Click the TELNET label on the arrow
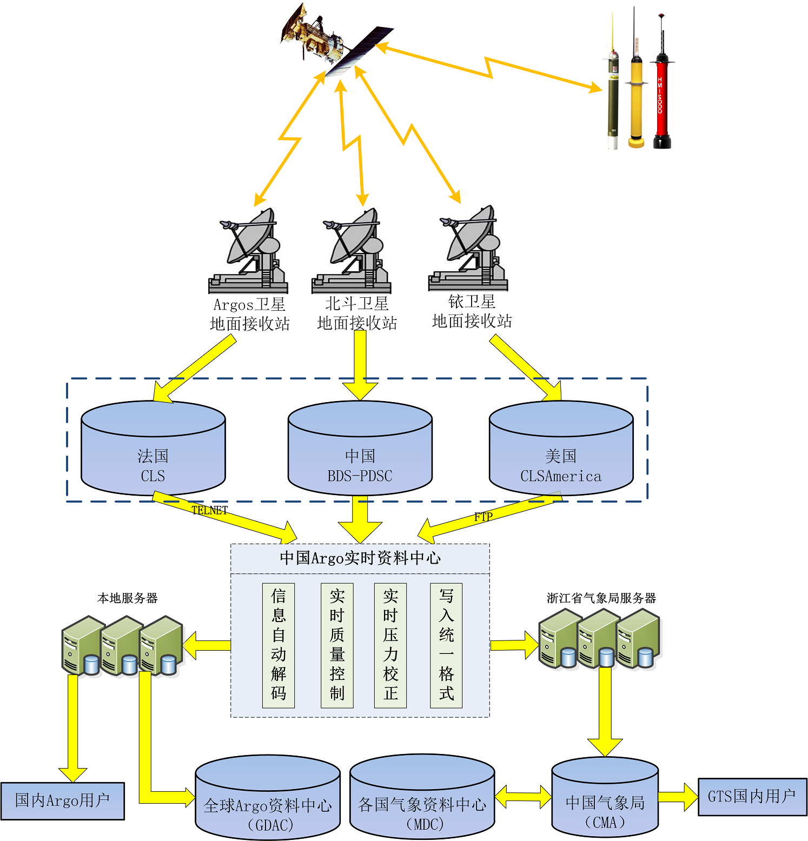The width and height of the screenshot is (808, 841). [x=209, y=510]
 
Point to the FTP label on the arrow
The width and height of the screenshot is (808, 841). [x=483, y=517]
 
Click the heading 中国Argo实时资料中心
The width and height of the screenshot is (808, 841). [x=360, y=558]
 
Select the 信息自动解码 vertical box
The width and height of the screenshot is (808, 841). [x=278, y=645]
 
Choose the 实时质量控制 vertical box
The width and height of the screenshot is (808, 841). [x=337, y=645]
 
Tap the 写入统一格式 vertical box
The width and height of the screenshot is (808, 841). [x=446, y=645]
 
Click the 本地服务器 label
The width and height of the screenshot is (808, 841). [x=127, y=598]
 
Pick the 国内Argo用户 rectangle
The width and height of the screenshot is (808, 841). [x=62, y=800]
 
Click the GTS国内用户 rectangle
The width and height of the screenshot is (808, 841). [x=752, y=796]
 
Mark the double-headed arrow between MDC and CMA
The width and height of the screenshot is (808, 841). [x=522, y=796]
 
